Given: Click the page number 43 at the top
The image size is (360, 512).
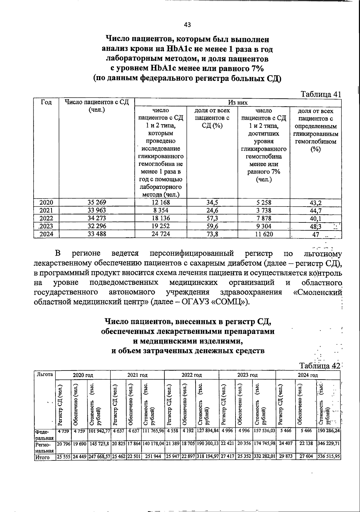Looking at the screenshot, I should pyautogui.click(x=187, y=25).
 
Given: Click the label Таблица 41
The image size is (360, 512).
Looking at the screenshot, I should pyautogui.click(x=321, y=94).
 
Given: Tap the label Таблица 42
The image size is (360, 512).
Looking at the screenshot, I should pyautogui.click(x=319, y=366).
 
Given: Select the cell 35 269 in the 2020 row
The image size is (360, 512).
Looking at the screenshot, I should pyautogui.click(x=97, y=202).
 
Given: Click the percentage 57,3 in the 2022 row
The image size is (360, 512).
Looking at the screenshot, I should pyautogui.click(x=212, y=218).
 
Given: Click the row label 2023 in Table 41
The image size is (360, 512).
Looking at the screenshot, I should pyautogui.click(x=46, y=226).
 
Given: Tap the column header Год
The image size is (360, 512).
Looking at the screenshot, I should pyautogui.click(x=46, y=103).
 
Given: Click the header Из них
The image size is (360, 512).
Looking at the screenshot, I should pyautogui.click(x=238, y=103).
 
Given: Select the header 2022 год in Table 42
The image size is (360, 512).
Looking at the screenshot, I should pyautogui.click(x=191, y=375).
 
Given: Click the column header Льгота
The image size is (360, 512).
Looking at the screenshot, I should pyautogui.click(x=44, y=374).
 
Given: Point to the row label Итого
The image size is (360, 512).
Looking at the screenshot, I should pyautogui.click(x=42, y=457).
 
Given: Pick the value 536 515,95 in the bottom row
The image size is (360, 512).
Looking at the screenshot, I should pyautogui.click(x=328, y=457).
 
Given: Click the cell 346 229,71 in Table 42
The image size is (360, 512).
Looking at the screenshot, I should pyautogui.click(x=328, y=443).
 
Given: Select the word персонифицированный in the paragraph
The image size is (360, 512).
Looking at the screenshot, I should pyautogui.click(x=192, y=254).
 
